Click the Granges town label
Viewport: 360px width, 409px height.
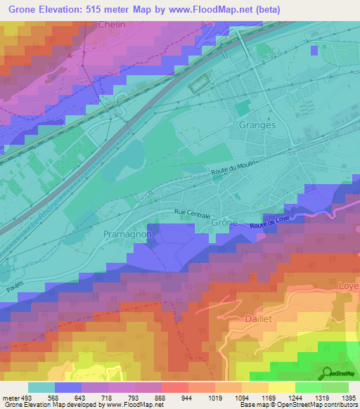258,124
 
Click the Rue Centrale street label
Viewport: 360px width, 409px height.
193,212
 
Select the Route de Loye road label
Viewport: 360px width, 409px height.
270,222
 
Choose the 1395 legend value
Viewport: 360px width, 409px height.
348,397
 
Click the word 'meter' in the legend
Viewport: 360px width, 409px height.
10,397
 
